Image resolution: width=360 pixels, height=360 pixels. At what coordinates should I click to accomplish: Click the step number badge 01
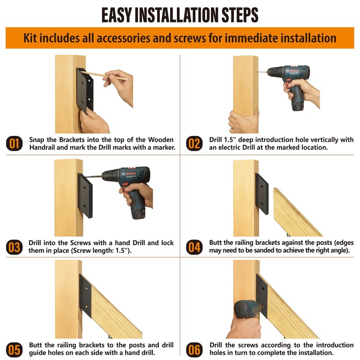14,144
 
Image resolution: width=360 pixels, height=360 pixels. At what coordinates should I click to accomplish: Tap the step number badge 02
194,144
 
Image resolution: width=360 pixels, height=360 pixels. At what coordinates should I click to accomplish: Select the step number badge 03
14,247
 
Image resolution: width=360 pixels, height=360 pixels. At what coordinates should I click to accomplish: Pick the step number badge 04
194,247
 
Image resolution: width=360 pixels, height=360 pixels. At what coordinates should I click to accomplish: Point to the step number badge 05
14,350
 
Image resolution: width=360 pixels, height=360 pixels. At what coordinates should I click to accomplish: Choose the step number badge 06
194,350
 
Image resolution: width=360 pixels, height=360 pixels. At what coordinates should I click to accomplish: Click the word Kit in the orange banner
30,38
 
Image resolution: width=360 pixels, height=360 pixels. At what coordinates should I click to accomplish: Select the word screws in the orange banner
189,39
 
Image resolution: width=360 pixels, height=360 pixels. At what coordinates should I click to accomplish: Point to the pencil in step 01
104,76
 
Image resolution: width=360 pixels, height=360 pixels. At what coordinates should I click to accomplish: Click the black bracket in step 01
85,91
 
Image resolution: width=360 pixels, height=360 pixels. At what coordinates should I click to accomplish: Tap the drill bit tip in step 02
257,72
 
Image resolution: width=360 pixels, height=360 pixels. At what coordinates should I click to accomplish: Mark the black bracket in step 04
262,194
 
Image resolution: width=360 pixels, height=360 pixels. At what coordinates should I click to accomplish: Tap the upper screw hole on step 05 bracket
86,288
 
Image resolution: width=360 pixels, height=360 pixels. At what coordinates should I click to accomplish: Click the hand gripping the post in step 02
243,122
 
